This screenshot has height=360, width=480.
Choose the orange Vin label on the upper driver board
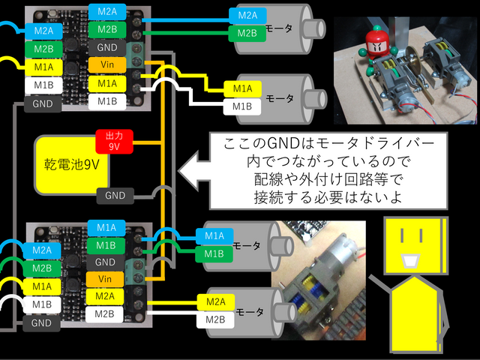click(x=106, y=64)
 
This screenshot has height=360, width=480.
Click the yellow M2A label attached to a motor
click(x=216, y=302)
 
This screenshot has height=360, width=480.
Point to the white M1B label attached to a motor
click(x=241, y=106)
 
